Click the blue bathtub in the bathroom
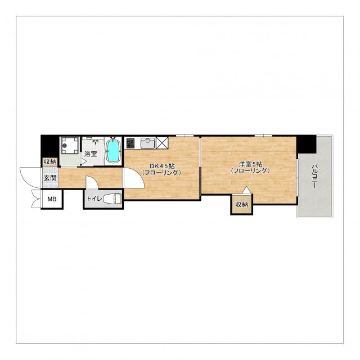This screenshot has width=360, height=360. pyautogui.click(x=113, y=151)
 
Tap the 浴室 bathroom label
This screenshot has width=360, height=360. pyautogui.click(x=91, y=154)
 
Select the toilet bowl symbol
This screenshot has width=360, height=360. pyautogui.click(x=112, y=199)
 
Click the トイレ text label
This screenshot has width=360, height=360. pyautogui.click(x=94, y=199)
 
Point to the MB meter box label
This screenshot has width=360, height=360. pyautogui.click(x=52, y=199)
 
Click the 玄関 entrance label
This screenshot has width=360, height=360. pyautogui.click(x=50, y=178)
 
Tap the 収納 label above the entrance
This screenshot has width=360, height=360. pyautogui.click(x=50, y=162)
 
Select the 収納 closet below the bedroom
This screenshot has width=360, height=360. pyautogui.click(x=242, y=204)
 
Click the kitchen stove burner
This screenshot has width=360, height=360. pyautogui.click(x=130, y=143)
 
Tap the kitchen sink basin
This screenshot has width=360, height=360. pyautogui.click(x=147, y=143)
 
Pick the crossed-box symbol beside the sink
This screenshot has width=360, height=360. pyautogui.click(x=162, y=143)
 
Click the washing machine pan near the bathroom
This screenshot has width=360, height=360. pyautogui.click(x=69, y=146)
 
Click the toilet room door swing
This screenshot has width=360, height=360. pyautogui.click(x=92, y=182)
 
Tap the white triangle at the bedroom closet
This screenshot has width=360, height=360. pyautogui.click(x=246, y=190)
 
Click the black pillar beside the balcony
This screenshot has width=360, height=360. pyautogui.click(x=306, y=145)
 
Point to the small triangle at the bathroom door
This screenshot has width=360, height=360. pyautogui.click(x=84, y=159)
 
